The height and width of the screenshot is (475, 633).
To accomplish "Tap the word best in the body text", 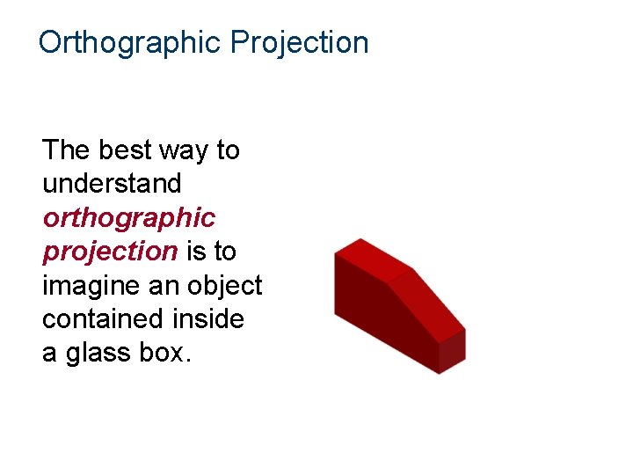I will click(125, 150).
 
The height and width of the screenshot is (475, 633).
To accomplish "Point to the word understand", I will click(112, 184).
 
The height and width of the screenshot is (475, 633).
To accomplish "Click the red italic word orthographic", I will click(128, 218).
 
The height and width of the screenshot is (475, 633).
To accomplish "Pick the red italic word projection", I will click(110, 252).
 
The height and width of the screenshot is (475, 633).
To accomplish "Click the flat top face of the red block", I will click(373, 256).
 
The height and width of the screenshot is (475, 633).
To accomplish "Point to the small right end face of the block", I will click(452, 350).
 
